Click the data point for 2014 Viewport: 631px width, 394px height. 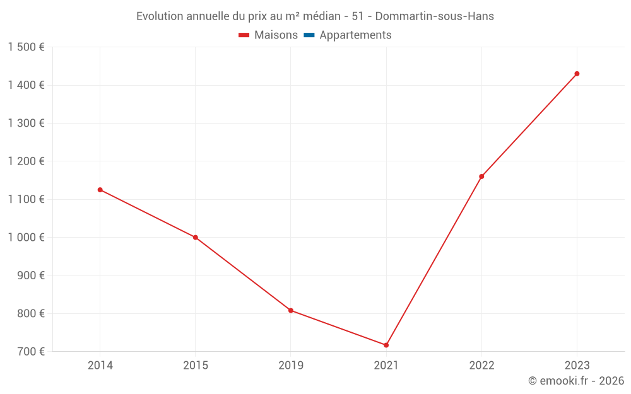pos(100,190)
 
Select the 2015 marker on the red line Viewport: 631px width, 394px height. pos(196,238)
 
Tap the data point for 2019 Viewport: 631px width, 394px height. pos(291,310)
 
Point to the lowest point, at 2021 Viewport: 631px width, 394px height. pos(386,345)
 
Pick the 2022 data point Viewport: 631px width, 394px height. pos(481,177)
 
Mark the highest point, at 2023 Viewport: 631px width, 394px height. pos(577,74)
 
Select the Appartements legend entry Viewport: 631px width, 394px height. pos(355,35)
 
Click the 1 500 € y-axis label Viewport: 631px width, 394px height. pos(26,47)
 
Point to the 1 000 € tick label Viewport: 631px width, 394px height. pos(26,238)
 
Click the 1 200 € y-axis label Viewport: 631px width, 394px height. pos(26,161)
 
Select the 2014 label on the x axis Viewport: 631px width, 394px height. pos(100,366)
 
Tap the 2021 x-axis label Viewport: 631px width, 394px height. pos(386,366)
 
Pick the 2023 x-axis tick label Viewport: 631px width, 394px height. pos(577,366)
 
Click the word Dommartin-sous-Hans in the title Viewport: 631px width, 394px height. pos(435,16)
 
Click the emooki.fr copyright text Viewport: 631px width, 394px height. pos(576,381)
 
